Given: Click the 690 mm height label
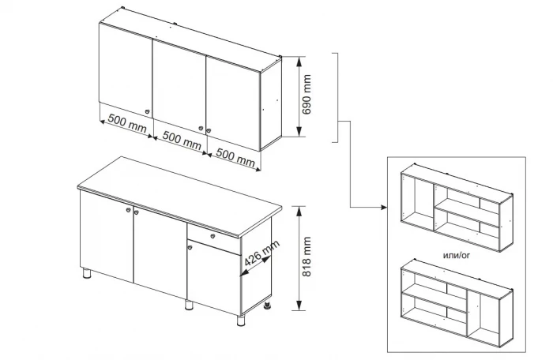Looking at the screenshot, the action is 307,94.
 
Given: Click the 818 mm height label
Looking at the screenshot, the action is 307,257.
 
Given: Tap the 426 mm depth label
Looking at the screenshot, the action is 261,253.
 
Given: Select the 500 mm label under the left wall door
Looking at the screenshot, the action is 127,123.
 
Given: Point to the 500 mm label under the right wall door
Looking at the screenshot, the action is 235,157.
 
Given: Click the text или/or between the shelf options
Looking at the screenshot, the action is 457,255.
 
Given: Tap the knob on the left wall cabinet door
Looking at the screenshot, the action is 148,112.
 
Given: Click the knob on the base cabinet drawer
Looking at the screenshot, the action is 213,236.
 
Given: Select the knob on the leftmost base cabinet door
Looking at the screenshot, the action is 128,210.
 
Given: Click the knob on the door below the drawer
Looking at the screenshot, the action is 190,247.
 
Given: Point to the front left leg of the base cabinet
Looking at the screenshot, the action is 87,273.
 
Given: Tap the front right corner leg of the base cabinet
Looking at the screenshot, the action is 241,321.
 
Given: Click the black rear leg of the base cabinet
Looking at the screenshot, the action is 269,305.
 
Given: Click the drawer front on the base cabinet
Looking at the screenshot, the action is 214,239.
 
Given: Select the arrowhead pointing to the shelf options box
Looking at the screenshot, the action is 385,208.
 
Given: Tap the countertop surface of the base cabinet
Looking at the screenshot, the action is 179,196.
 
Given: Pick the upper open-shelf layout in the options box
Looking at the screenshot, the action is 457,208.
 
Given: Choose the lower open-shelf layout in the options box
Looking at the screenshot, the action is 457,303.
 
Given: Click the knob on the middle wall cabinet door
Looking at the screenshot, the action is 201,129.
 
